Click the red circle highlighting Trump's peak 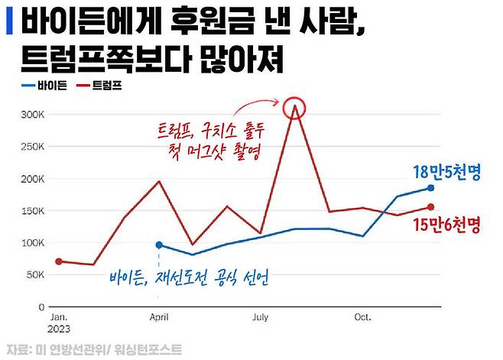[294, 108]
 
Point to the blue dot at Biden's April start [159, 245]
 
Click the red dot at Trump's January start [59, 261]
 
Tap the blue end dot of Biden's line [430, 188]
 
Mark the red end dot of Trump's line [430, 207]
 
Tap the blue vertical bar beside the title [8, 20]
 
